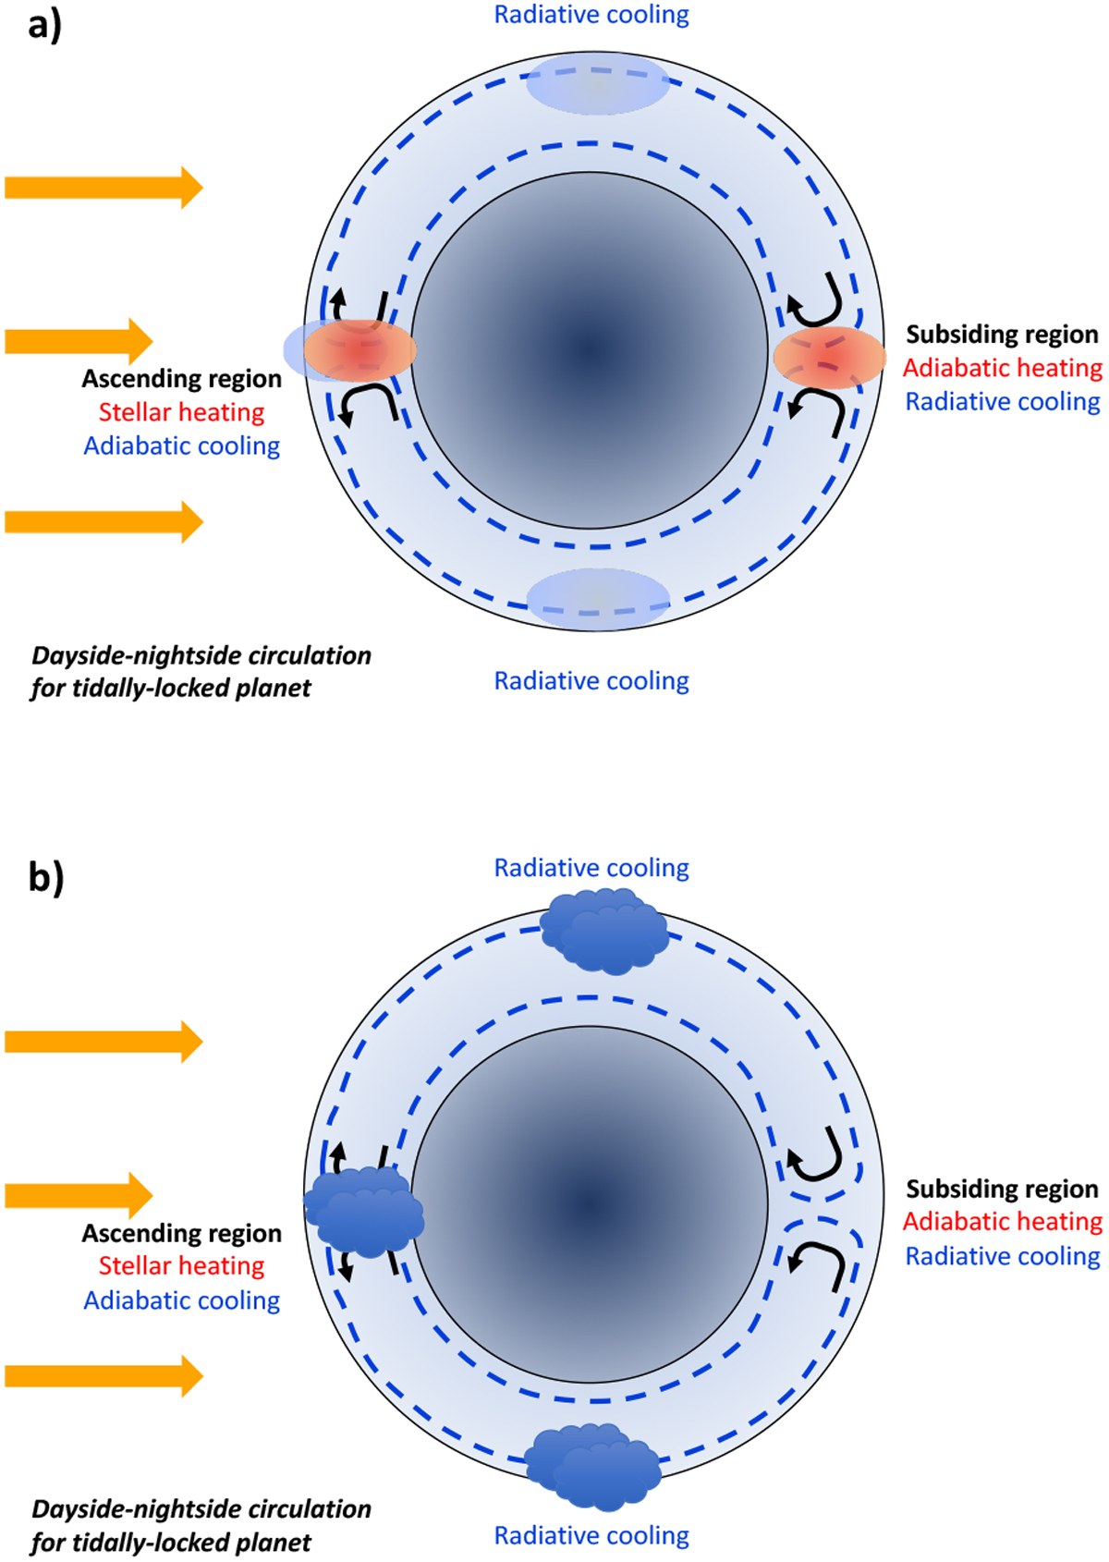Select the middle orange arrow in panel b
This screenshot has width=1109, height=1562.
tap(79, 1195)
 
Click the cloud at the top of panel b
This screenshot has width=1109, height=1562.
tap(604, 931)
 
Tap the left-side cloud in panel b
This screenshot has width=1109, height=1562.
tap(364, 1210)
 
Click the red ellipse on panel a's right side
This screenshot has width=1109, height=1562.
tap(829, 357)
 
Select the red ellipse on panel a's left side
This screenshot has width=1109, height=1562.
tap(360, 351)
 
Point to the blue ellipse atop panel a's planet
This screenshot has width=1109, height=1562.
tap(597, 84)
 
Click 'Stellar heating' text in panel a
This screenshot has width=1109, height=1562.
tap(181, 412)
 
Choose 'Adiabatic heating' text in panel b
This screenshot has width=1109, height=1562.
tap(1003, 1222)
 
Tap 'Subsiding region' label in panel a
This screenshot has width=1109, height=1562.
tap(1002, 335)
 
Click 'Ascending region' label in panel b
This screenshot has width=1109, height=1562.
tap(181, 1233)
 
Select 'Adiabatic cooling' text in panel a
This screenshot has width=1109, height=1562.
tap(181, 446)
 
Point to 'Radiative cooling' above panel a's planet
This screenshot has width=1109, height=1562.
tap(591, 15)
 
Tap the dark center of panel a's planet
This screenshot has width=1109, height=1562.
tap(590, 350)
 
